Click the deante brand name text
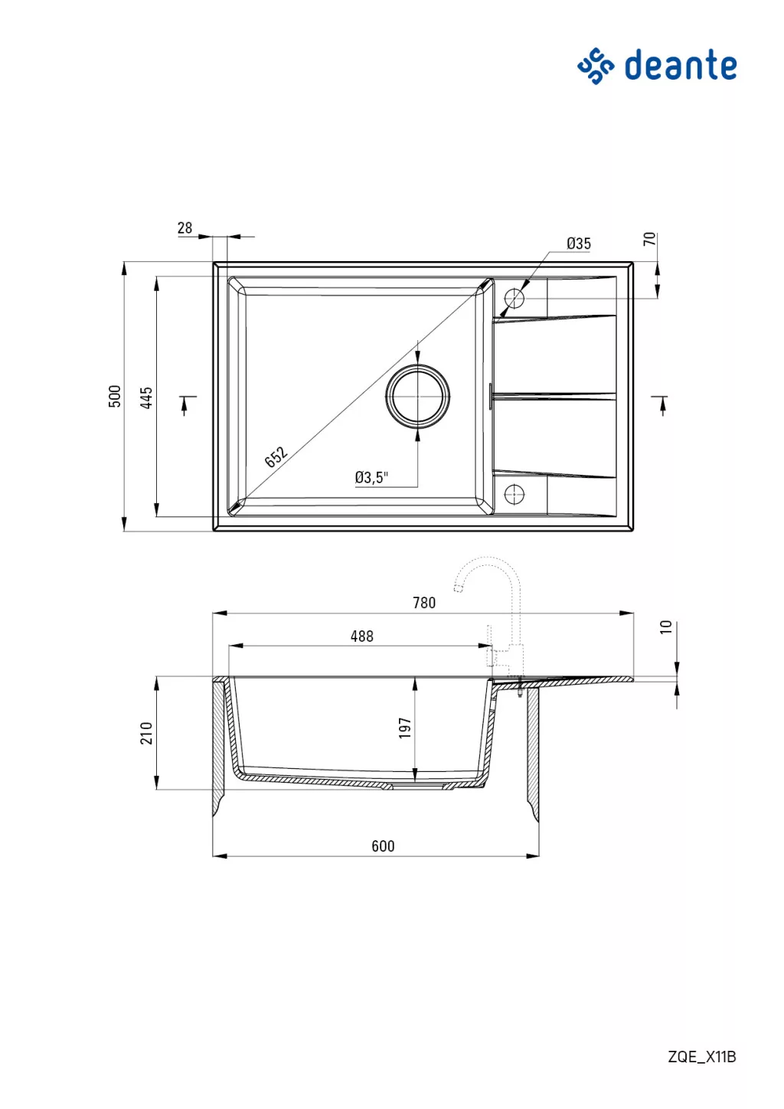click(x=680, y=65)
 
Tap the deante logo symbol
click(x=596, y=66)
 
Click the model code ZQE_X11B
click(x=702, y=1057)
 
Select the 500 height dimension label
click(x=114, y=396)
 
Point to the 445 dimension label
click(x=146, y=397)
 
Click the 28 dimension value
click(x=185, y=227)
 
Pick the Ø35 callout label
click(x=579, y=243)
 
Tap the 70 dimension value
click(x=650, y=239)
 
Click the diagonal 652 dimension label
click(x=276, y=456)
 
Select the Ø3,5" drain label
click(x=371, y=477)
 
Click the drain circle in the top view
click(x=418, y=396)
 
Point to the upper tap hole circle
click(x=514, y=298)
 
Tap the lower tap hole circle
click(x=514, y=493)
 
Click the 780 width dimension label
click(x=424, y=603)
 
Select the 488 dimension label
click(x=362, y=636)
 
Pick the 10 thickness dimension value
click(x=666, y=626)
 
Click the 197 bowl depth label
click(x=405, y=728)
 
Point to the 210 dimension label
click(x=146, y=733)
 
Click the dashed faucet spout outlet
click(x=459, y=588)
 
